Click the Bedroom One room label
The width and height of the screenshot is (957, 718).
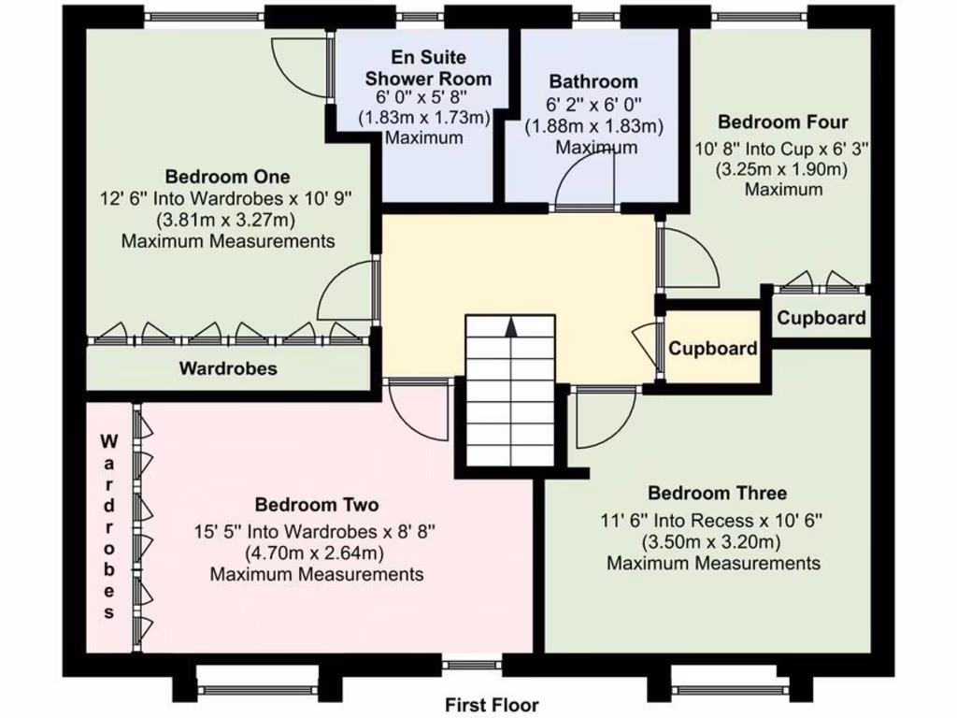tap(227, 177)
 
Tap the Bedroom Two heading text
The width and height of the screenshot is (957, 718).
tap(317, 505)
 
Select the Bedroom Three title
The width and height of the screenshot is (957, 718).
tap(717, 493)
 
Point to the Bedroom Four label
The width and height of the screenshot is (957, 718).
tap(782, 122)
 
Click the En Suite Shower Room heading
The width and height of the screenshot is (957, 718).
tap(427, 68)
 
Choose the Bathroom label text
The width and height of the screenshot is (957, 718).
tap(593, 81)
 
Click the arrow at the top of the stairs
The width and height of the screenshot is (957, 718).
tap(510, 326)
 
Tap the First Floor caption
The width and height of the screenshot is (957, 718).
tap(492, 705)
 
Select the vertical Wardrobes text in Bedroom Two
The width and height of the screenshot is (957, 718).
tap(109, 526)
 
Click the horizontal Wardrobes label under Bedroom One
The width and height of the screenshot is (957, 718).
tap(228, 368)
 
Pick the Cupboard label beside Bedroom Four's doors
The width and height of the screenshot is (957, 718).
tap(821, 318)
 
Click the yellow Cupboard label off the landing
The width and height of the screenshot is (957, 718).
tap(712, 349)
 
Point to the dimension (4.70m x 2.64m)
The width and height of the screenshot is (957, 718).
tap(316, 553)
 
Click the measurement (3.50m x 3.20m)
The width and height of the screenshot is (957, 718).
tap(711, 541)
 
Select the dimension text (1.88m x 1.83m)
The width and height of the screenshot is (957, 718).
tap(593, 126)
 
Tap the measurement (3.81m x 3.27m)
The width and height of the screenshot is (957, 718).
tap(227, 221)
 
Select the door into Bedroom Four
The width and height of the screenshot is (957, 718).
tap(687, 257)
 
